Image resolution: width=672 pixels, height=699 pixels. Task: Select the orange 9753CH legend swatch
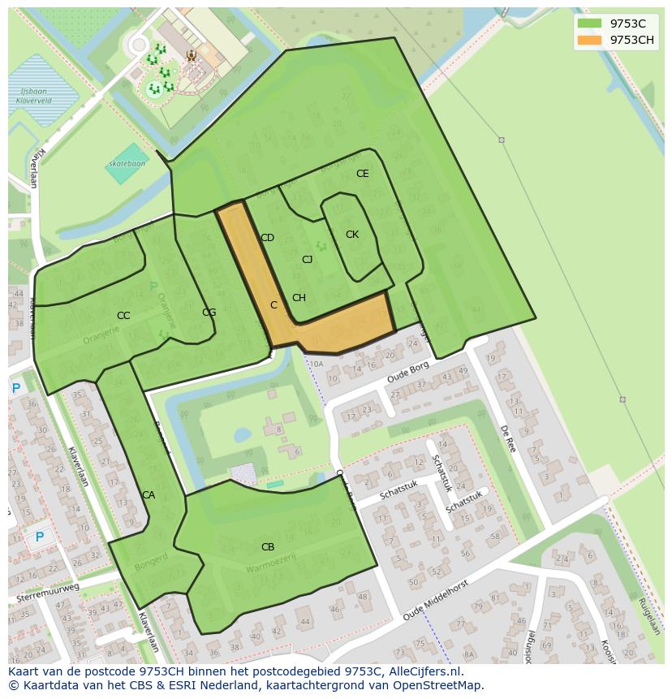(589, 40)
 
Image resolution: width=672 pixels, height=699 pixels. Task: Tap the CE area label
(362, 174)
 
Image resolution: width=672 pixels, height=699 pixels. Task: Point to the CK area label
(351, 235)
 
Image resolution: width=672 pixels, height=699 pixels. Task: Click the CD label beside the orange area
(267, 238)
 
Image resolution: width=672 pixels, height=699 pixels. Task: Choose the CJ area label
(307, 260)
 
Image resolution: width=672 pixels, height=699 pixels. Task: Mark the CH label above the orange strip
(299, 298)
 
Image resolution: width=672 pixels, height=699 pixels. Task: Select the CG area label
(209, 313)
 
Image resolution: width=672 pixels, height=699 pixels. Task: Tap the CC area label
(123, 316)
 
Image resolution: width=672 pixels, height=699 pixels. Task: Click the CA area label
(148, 495)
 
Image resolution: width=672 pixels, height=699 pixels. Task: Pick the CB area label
(267, 547)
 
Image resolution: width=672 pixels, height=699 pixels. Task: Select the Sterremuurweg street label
(48, 593)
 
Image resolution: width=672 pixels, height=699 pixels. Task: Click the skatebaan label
(127, 164)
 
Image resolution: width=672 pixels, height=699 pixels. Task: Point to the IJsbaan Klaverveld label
(34, 98)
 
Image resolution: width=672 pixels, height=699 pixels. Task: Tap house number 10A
(316, 365)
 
